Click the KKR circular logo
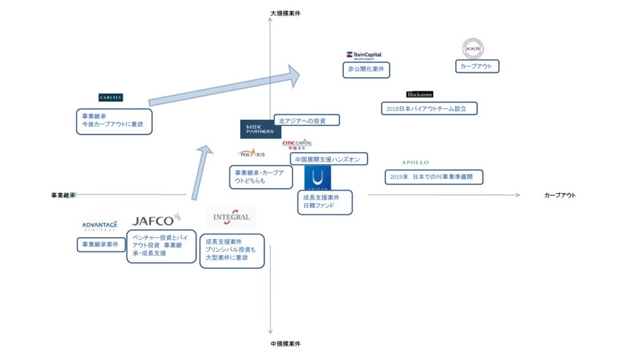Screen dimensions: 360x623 [473, 48]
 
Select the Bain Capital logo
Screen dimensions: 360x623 [363, 55]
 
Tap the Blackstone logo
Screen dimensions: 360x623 [420, 94]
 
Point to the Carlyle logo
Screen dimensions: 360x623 [111, 97]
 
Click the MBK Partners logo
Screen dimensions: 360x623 [260, 129]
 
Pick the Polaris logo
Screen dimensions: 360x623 [251, 153]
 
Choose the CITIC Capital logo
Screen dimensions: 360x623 [297, 144]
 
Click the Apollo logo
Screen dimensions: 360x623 [416, 162]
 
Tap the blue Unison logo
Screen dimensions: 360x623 [318, 178]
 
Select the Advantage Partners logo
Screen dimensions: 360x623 [100, 226]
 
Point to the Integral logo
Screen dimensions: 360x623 [231, 217]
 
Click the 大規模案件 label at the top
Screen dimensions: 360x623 [285, 13]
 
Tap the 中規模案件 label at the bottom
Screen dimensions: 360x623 [285, 344]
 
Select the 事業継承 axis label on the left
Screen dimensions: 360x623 [63, 195]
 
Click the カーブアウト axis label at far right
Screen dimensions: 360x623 [560, 195]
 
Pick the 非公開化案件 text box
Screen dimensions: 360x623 [366, 70]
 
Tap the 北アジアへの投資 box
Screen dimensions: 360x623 [306, 120]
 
